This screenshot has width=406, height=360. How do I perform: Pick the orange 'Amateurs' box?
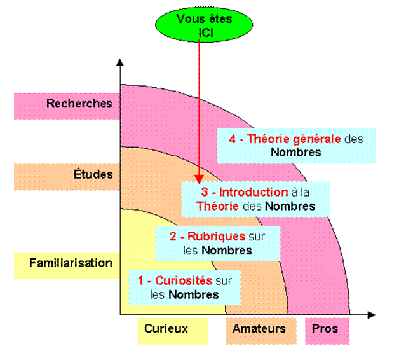(259, 329)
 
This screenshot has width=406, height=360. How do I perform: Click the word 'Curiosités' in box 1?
(184, 280)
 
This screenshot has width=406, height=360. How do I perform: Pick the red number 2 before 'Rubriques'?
(173, 237)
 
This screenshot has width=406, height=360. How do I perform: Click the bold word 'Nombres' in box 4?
(295, 153)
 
